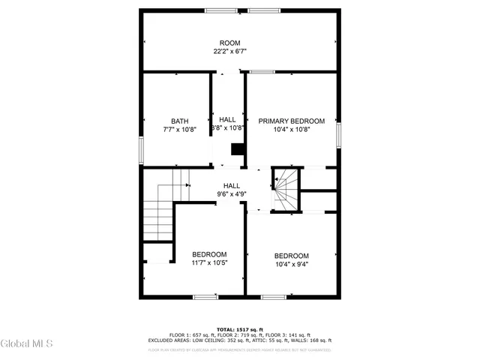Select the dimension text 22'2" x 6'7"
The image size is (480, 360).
coord(229,52)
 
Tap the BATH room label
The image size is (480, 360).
coord(179,121)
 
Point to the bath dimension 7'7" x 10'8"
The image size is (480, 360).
coord(179,130)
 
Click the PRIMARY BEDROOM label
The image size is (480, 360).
coord(291,121)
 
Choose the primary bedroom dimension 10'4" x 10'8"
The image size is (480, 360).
coord(291,130)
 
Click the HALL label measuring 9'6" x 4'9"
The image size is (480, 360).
coord(231,186)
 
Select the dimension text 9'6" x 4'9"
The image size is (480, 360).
coord(231,195)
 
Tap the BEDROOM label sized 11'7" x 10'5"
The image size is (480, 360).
coord(209,254)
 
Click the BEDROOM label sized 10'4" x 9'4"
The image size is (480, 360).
coord(291,255)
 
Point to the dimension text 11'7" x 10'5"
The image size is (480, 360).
coord(209,263)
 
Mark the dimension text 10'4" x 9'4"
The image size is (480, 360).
coord(291,264)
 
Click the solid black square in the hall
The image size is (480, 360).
coord(238,149)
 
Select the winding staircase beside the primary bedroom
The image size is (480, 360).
coord(284,190)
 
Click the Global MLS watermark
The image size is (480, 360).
coord(27,343)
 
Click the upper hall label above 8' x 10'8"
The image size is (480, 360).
coord(227,120)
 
